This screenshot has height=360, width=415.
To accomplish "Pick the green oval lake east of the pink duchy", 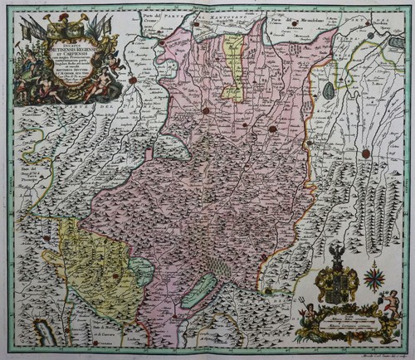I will tap(330, 86).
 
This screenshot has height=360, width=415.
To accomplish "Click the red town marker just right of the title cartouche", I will tap(132, 80).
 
